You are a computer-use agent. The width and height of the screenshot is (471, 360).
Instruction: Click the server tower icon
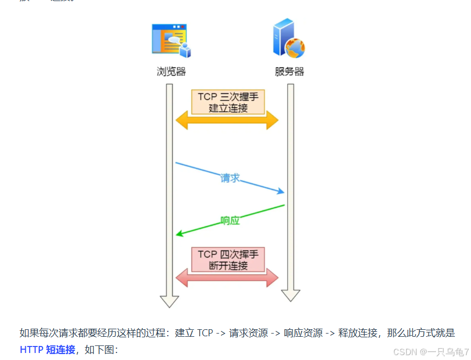[x=285, y=38]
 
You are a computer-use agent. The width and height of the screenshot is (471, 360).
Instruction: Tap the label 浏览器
[x=171, y=72]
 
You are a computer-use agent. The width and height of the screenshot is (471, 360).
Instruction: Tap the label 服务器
[x=289, y=72]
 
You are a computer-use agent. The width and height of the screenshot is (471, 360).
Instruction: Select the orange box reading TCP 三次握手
[x=228, y=102]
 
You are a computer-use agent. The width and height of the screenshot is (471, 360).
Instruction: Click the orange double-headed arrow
[x=227, y=120]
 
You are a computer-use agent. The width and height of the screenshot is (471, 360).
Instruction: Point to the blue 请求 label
[x=230, y=178]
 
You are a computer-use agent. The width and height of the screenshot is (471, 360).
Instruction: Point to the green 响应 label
[x=230, y=220]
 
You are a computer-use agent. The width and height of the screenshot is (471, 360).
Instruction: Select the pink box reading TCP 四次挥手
[x=228, y=260]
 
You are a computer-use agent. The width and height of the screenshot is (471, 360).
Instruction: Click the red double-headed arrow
[x=227, y=278]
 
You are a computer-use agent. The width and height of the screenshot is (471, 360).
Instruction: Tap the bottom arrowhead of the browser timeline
[x=169, y=301]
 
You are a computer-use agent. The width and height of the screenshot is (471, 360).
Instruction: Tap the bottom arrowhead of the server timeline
[x=291, y=295]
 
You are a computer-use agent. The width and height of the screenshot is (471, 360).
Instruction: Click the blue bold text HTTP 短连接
[x=47, y=350]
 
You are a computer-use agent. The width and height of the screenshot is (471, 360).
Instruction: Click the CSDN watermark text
[x=431, y=352]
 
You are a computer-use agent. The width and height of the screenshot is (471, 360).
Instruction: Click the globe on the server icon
[x=295, y=48]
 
